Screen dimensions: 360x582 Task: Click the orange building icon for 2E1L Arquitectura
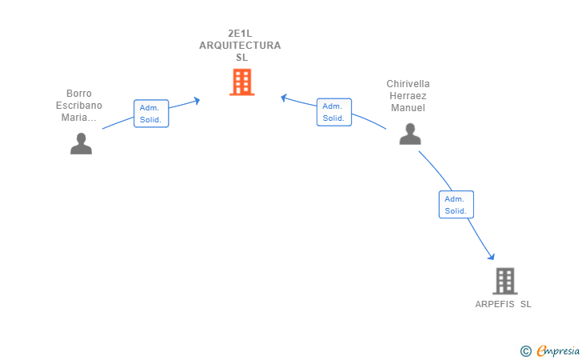(241, 82)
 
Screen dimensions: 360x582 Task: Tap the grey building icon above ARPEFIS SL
(504, 281)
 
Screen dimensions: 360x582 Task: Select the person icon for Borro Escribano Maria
(81, 143)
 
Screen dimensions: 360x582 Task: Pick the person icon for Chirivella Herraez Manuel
(410, 134)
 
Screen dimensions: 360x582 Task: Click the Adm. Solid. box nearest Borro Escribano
(151, 114)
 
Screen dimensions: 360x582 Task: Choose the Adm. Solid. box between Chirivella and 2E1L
(333, 112)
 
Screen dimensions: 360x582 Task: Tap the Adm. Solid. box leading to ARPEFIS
(456, 205)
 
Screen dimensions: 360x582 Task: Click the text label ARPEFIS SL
(503, 304)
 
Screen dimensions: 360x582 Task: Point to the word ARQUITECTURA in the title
(240, 46)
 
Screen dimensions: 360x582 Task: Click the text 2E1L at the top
(240, 34)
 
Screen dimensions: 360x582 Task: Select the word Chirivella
(408, 84)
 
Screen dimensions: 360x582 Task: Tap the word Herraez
(408, 96)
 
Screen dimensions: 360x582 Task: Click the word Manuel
(409, 108)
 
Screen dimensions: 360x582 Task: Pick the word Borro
(79, 94)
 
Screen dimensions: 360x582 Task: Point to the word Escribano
(79, 106)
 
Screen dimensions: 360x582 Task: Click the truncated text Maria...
(79, 118)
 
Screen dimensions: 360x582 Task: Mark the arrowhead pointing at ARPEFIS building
(492, 255)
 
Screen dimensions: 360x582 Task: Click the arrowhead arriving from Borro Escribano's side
(196, 100)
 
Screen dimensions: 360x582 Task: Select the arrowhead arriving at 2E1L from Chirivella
(284, 98)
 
